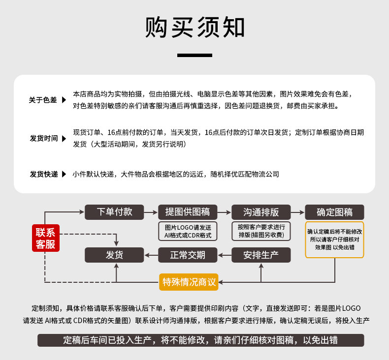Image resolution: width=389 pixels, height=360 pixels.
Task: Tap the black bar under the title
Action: click(194, 55)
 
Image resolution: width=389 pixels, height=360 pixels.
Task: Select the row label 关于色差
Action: click(43, 100)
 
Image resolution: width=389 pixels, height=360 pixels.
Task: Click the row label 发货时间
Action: click(43, 138)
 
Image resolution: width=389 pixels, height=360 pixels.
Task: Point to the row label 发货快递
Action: click(43, 174)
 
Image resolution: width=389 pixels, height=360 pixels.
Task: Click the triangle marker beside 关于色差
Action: click(64, 100)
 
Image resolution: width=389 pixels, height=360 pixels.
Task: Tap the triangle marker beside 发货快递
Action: click(64, 174)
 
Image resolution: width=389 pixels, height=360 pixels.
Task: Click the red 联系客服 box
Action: click(45, 238)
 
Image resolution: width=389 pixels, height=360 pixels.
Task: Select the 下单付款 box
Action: click(114, 212)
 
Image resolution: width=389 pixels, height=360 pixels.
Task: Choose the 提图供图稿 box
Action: click(188, 212)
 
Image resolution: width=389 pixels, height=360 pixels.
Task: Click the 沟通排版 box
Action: click(261, 212)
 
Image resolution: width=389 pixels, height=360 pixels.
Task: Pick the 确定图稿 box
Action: click(334, 212)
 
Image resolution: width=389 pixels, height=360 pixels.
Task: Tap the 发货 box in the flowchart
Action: click(114, 255)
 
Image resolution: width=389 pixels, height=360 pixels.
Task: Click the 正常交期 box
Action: click(188, 255)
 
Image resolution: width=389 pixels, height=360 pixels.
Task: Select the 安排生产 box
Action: click(261, 255)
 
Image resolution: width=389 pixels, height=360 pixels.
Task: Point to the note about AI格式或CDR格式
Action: click(188, 231)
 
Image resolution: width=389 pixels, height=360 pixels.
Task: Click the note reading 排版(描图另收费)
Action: click(261, 231)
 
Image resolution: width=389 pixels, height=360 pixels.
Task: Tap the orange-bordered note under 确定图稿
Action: click(334, 240)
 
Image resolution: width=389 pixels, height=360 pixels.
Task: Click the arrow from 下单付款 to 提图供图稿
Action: click(151, 212)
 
